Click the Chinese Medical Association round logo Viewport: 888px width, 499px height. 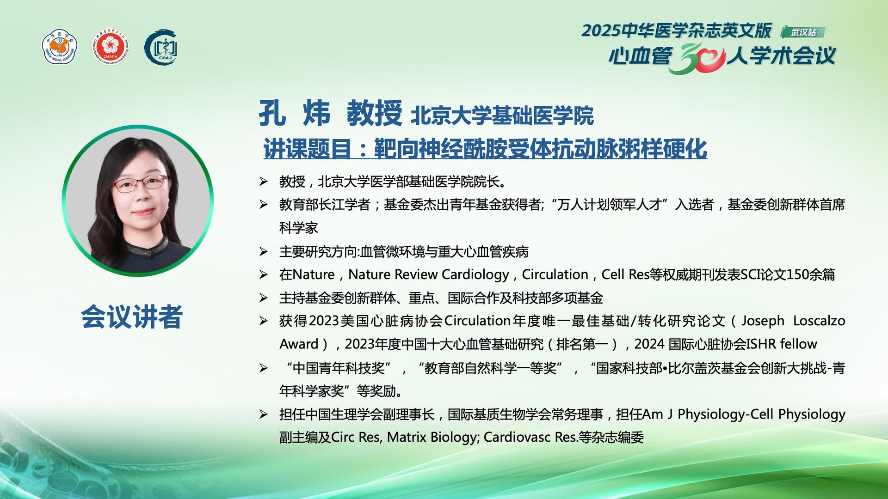[x=60, y=47]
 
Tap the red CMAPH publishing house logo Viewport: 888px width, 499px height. [x=110, y=47]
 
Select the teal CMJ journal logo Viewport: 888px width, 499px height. [x=161, y=47]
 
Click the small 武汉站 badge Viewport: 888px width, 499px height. [x=803, y=32]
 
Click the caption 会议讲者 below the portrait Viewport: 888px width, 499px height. [x=132, y=317]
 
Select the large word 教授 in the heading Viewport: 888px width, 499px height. [x=375, y=113]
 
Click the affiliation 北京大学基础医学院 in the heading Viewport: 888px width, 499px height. [x=502, y=116]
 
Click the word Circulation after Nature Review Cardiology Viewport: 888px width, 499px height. [x=555, y=274]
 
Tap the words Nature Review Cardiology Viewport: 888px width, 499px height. [x=429, y=274]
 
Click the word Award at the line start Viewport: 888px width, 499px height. [x=299, y=344]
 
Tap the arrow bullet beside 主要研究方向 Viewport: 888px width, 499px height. [x=264, y=252]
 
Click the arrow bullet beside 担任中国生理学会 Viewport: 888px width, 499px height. [x=264, y=414]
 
